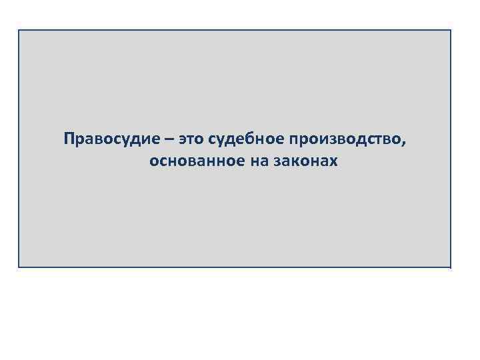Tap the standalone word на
pyautogui.click(x=257, y=162)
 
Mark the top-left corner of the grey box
pyautogui.click(x=19, y=30)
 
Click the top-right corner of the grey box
pyautogui.click(x=451, y=30)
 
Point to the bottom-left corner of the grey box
pyautogui.click(x=19, y=267)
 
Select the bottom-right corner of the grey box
pyautogui.click(x=451, y=267)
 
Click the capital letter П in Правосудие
pyautogui.click(x=69, y=139)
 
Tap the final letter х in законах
pyautogui.click(x=334, y=162)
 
